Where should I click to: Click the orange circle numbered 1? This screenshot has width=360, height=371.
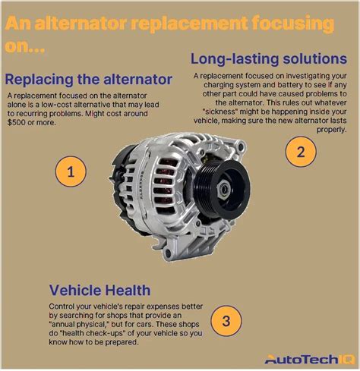[x=70, y=172]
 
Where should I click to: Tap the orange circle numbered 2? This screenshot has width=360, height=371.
[x=301, y=151]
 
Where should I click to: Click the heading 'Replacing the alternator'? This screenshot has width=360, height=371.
[x=88, y=78]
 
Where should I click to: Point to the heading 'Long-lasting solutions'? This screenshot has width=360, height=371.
[x=264, y=58]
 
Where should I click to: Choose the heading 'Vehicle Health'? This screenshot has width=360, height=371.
[x=100, y=289]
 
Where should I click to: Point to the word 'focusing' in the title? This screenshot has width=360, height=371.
[x=293, y=25]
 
